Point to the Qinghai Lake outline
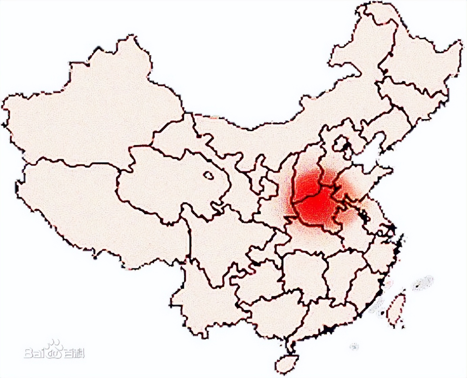point(208,175)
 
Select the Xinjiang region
point(88,112)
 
